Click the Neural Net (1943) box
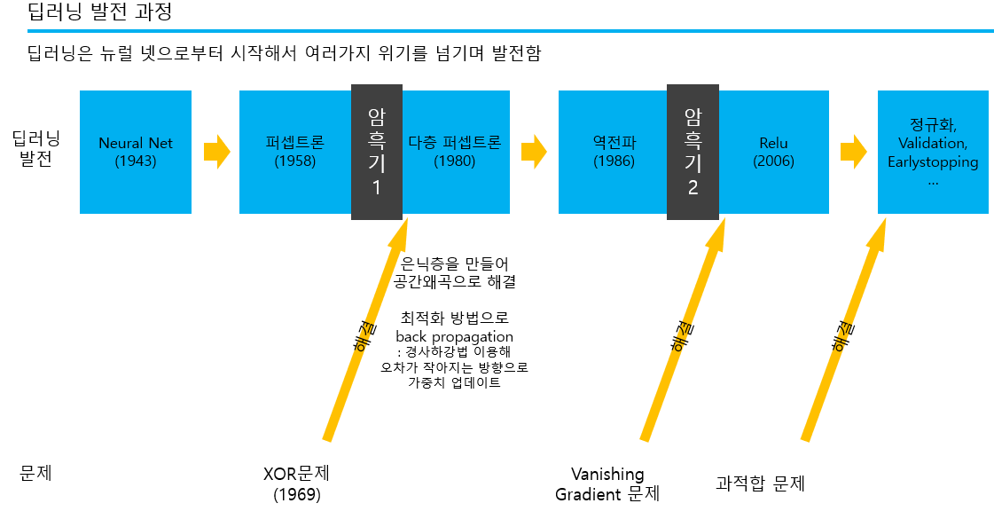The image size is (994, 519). (x=135, y=152)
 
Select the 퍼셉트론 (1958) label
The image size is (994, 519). (x=295, y=152)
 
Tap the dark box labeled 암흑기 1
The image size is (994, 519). (x=377, y=152)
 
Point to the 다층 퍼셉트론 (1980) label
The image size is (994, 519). (x=455, y=152)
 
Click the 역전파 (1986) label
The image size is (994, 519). (x=614, y=152)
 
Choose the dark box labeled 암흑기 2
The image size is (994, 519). (x=693, y=152)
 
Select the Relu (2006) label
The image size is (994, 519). (x=773, y=152)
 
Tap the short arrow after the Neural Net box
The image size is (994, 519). (x=216, y=152)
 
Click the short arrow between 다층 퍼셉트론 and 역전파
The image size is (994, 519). (x=534, y=152)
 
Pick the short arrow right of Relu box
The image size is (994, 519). (x=853, y=152)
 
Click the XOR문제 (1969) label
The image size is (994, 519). (x=297, y=484)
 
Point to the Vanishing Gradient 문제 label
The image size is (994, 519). (x=607, y=484)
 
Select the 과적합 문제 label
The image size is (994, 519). (x=760, y=484)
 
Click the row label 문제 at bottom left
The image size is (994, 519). (x=36, y=473)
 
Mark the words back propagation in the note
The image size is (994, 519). (x=454, y=337)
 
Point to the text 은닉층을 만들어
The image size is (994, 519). (x=455, y=263)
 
